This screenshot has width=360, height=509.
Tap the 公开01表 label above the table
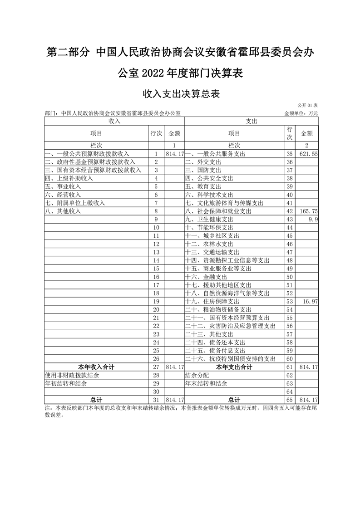point(308,105)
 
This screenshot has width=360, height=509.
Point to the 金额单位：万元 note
point(301,113)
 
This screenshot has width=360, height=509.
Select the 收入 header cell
point(114,121)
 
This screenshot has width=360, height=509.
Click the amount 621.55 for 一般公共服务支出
point(308,154)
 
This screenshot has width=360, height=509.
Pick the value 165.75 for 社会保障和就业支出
point(308,211)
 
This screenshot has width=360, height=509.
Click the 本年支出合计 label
point(234,367)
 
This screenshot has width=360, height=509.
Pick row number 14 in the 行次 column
point(156,260)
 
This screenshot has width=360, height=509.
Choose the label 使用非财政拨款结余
point(67,375)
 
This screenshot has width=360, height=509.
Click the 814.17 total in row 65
point(308,400)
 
